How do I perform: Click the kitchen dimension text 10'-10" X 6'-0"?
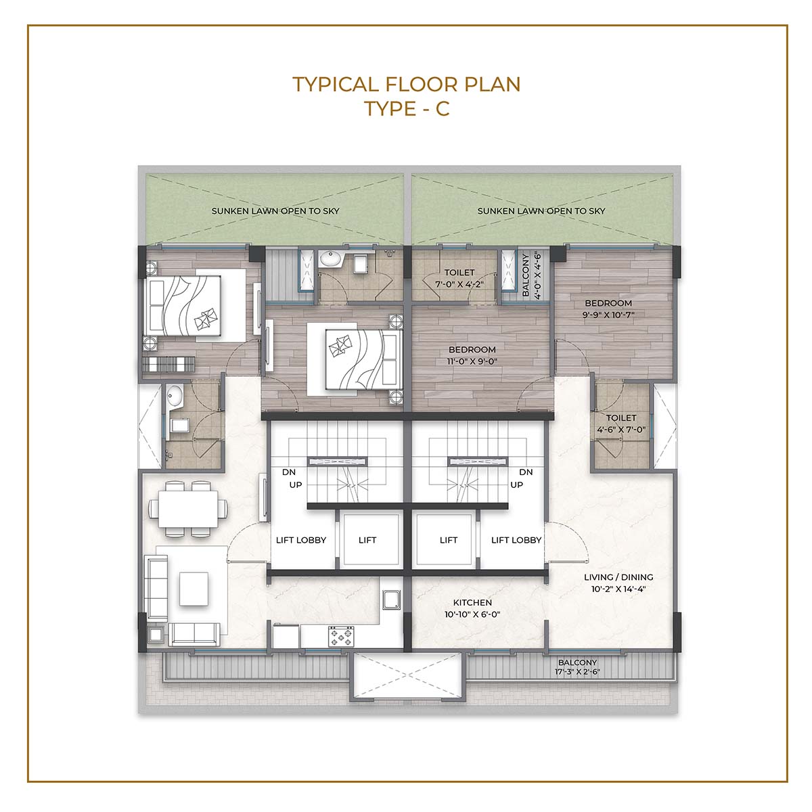tap(472, 614)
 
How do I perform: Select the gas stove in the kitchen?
tap(341, 636)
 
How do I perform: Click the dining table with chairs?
tap(188, 509)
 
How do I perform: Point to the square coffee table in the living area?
tap(194, 589)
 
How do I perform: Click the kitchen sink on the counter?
tap(392, 600)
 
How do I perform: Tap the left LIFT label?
tap(367, 540)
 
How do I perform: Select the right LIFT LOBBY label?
tap(516, 540)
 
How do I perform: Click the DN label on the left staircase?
tap(289, 472)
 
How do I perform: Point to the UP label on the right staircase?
tap(516, 484)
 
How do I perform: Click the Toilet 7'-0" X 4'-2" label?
tap(459, 278)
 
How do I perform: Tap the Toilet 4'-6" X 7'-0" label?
tap(621, 424)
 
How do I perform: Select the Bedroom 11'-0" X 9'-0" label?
tap(472, 355)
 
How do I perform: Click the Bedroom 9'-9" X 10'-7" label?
tap(608, 309)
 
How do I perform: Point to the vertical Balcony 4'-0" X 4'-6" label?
tap(531, 275)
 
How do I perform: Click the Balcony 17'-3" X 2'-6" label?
tap(577, 667)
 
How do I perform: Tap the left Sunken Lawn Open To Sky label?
tap(275, 211)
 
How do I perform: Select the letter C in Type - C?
tap(443, 109)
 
